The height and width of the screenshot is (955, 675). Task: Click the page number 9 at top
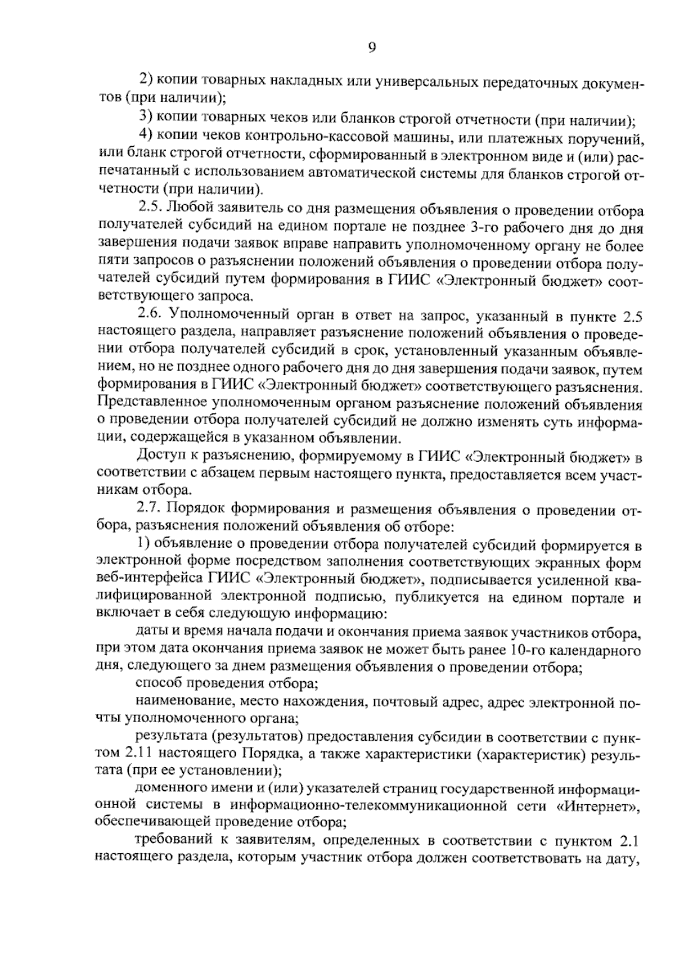(x=372, y=48)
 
